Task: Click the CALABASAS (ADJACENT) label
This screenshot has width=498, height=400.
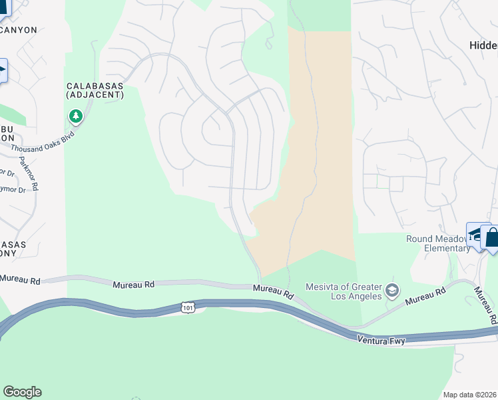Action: (95, 91)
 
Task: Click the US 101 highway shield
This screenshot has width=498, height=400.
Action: (188, 306)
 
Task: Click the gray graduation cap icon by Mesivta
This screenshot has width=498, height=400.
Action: (392, 291)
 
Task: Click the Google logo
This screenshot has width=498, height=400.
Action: (22, 392)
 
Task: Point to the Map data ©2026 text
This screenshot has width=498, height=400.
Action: (469, 395)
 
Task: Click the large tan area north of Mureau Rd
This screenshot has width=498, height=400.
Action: (320, 133)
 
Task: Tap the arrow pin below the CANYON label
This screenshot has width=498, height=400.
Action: (3, 70)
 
